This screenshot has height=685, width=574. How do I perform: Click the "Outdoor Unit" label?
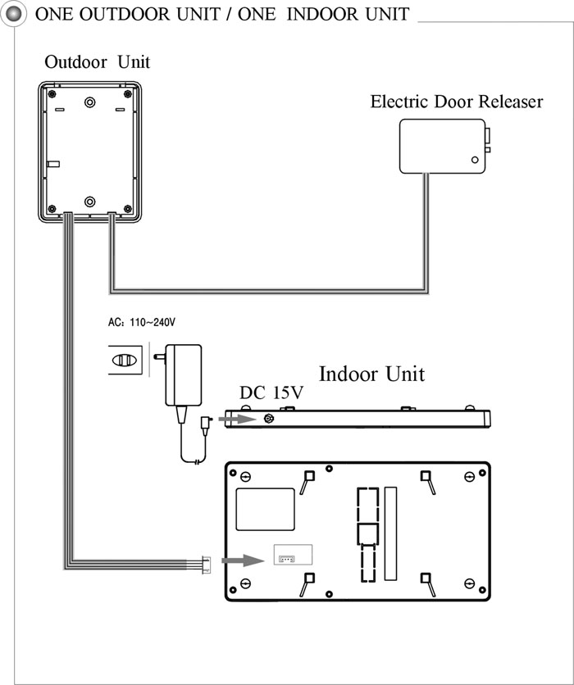pyautogui.click(x=97, y=62)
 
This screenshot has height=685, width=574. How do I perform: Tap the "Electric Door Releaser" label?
pyautogui.click(x=457, y=102)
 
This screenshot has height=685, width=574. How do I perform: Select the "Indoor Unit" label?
pyautogui.click(x=371, y=374)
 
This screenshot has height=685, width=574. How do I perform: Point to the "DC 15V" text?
pyautogui.click(x=271, y=392)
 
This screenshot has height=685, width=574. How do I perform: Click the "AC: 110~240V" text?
pyautogui.click(x=142, y=322)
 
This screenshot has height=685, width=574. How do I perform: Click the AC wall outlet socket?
pyautogui.click(x=125, y=360)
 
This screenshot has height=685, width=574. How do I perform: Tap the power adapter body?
pyautogui.click(x=184, y=374)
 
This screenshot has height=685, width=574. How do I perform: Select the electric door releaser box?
pyautogui.click(x=443, y=147)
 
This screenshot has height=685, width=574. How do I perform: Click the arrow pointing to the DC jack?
pyautogui.click(x=237, y=420)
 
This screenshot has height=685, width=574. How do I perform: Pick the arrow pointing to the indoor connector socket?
pyautogui.click(x=243, y=560)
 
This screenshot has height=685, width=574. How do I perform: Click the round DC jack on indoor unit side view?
pyautogui.click(x=269, y=420)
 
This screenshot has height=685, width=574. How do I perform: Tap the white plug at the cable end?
pyautogui.click(x=206, y=565)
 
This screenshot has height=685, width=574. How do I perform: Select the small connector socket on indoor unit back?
pyautogui.click(x=287, y=559)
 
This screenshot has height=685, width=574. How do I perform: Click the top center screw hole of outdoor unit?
pyautogui.click(x=90, y=102)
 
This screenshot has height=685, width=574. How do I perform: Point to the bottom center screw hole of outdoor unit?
pyautogui.click(x=90, y=202)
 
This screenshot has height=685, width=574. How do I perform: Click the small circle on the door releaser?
pyautogui.click(x=475, y=160)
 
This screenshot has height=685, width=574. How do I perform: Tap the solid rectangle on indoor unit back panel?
pyautogui.click(x=265, y=510)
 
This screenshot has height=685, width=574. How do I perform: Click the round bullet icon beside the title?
pyautogui.click(x=13, y=14)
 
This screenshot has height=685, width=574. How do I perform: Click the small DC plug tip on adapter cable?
pyautogui.click(x=206, y=426)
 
